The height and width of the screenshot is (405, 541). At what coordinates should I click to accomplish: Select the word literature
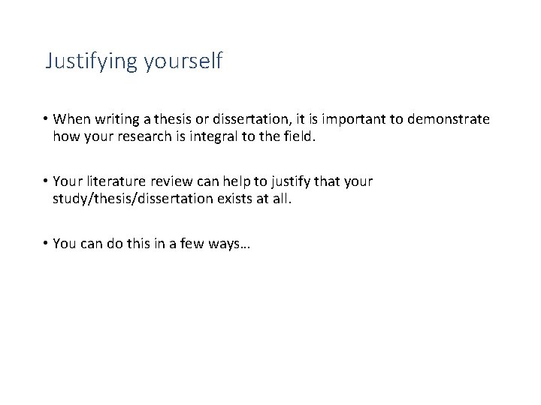(110, 182)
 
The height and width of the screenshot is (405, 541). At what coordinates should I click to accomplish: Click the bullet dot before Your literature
(46, 182)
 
